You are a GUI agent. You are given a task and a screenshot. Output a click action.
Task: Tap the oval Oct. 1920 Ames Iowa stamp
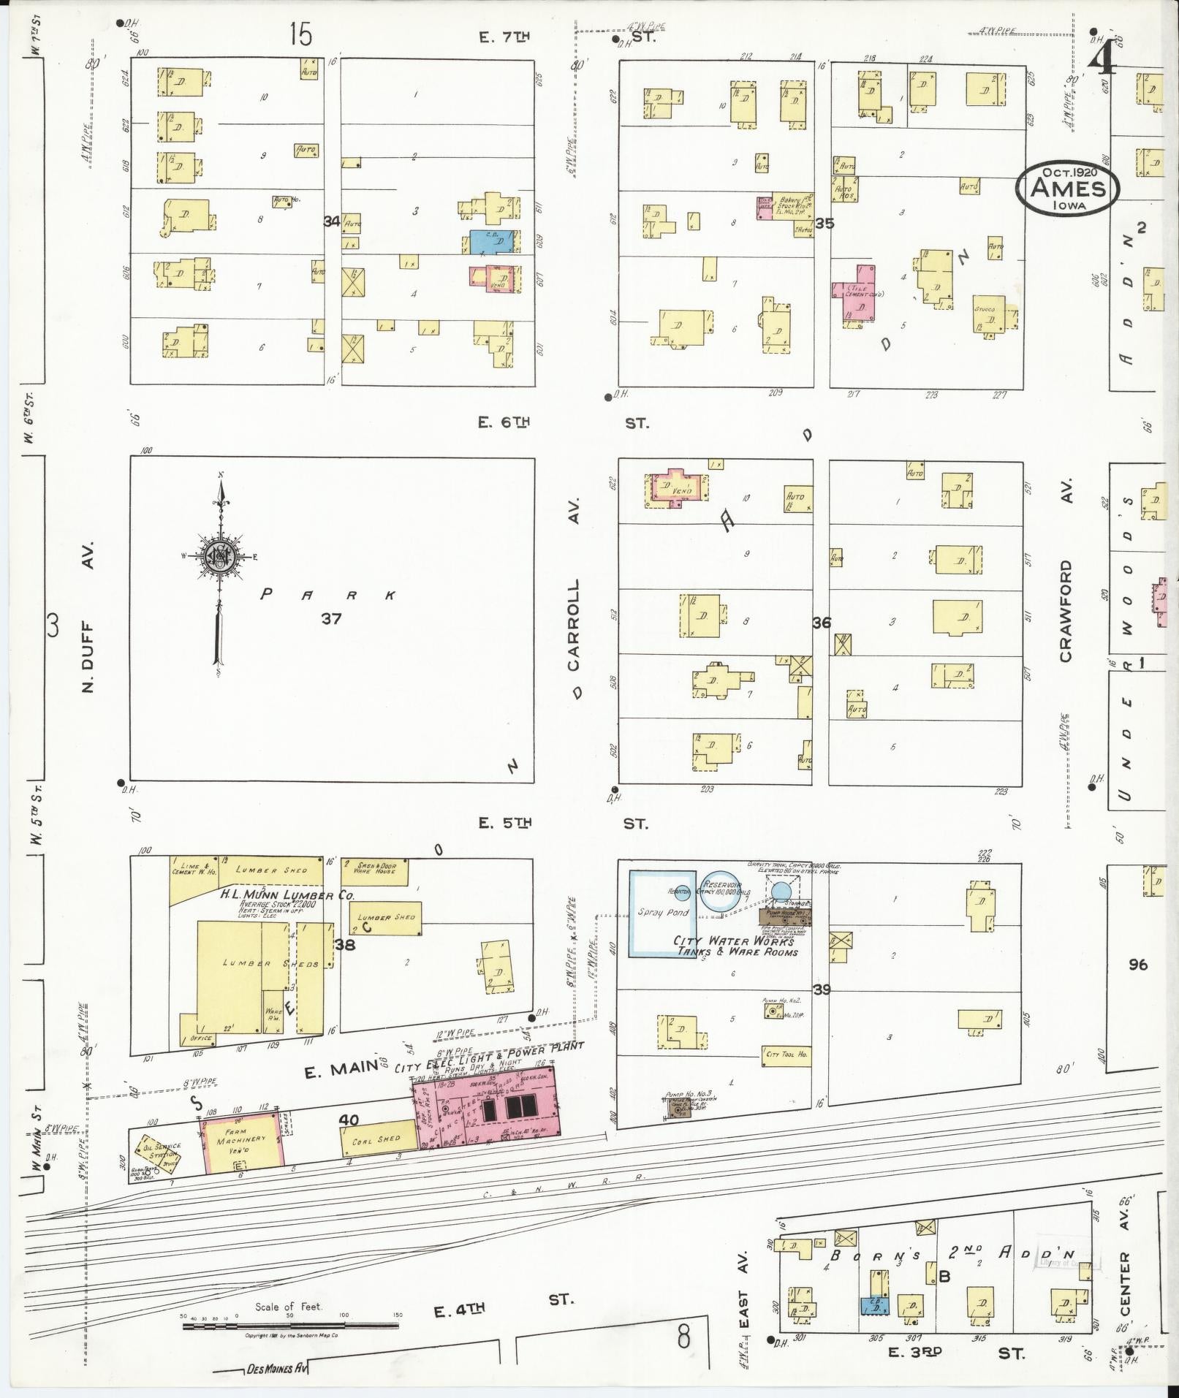point(1067,188)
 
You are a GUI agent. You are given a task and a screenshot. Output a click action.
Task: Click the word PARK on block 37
point(328,595)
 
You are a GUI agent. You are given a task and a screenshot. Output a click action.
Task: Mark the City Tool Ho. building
point(786,1054)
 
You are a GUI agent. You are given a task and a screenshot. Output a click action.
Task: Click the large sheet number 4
point(1102,55)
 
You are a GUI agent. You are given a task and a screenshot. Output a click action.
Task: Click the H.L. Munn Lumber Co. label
point(277,895)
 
